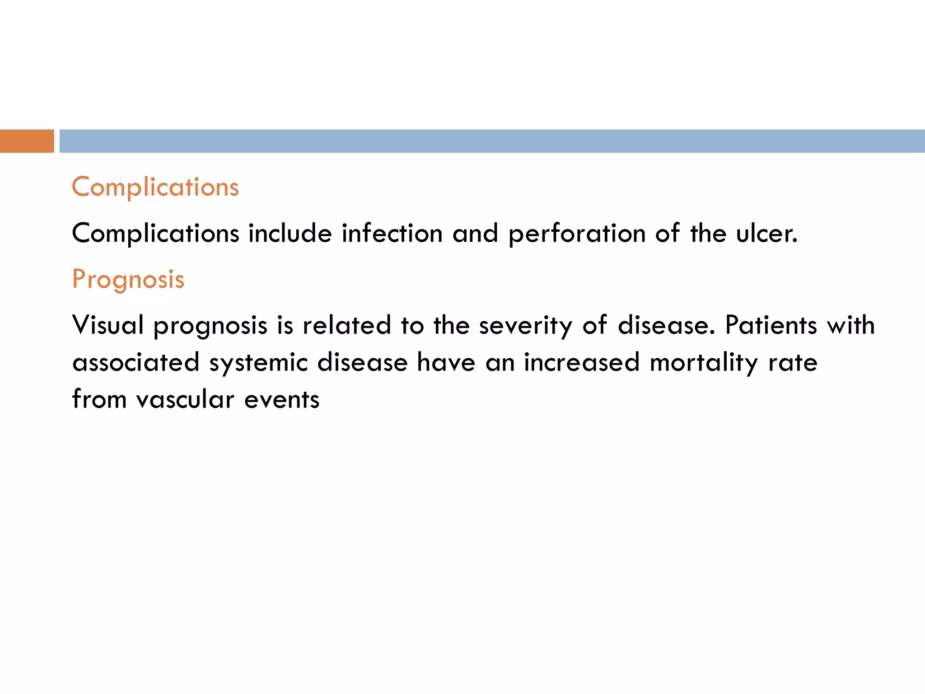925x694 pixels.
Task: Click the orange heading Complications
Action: point(155,187)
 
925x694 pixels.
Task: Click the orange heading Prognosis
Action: point(128,279)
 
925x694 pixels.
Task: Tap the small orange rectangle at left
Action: point(27,141)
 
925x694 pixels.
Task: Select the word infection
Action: point(392,234)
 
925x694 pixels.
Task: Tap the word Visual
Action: point(108,325)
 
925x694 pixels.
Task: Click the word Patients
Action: point(771,325)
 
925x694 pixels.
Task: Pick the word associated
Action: point(135,362)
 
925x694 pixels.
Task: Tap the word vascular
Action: point(185,399)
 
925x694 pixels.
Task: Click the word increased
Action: point(581,362)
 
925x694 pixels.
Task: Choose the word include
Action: point(290,234)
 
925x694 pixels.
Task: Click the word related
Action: point(346,325)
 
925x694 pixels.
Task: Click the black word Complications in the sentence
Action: point(155,234)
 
